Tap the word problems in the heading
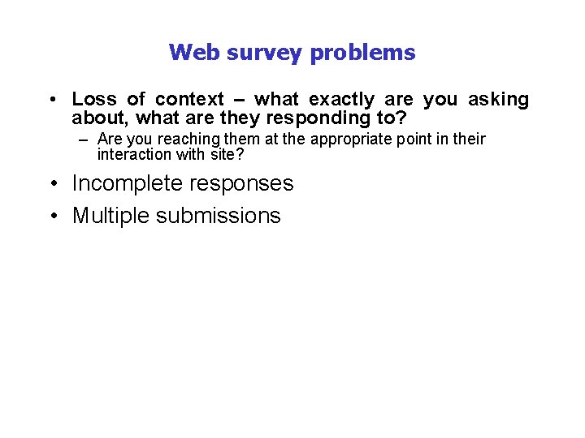364,54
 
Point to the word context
189,99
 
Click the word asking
498,99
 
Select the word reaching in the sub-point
175,139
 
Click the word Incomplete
128,183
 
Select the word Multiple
112,216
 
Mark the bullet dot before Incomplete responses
51,184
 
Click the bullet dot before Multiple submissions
51,217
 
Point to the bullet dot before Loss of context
51,100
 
